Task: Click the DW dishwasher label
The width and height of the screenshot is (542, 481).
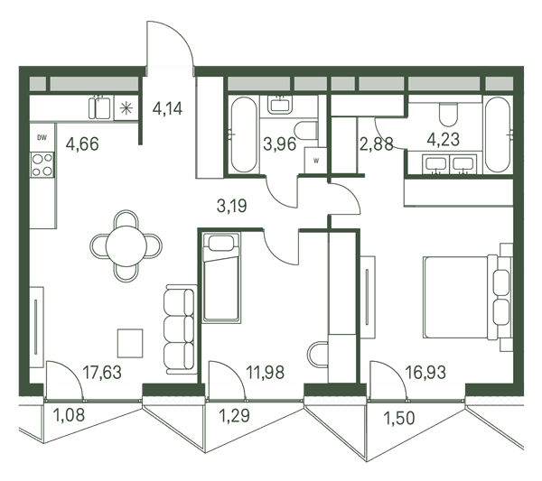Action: coord(42,138)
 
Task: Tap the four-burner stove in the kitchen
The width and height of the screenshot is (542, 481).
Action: coord(42,165)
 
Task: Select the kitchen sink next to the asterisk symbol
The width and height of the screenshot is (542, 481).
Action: coord(99,107)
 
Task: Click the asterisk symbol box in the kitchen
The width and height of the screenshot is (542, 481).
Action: coord(126,108)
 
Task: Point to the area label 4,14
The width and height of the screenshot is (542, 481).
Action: coord(168,109)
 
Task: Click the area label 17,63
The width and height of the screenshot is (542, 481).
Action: coord(102,373)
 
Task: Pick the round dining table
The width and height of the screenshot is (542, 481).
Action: coord(126,245)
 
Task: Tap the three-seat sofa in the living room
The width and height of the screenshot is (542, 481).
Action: coord(180,329)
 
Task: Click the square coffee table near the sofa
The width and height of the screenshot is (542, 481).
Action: coord(130,343)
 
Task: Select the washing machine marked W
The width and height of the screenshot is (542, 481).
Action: coord(315,160)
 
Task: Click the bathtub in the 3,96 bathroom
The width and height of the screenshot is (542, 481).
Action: coord(244,134)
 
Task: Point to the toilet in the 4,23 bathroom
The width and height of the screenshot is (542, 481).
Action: coord(448,114)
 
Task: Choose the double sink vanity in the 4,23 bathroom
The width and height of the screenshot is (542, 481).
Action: coord(449,163)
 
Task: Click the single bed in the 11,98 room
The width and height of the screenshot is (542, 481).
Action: coord(221,277)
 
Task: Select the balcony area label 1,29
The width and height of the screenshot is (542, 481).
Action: coord(235,415)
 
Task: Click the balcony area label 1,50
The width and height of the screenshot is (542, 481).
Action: coord(399,418)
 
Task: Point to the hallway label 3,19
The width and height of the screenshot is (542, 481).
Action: coord(231,206)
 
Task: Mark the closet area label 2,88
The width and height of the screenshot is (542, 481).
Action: coord(377,144)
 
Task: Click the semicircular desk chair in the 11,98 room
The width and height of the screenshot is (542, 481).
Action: coord(318,355)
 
